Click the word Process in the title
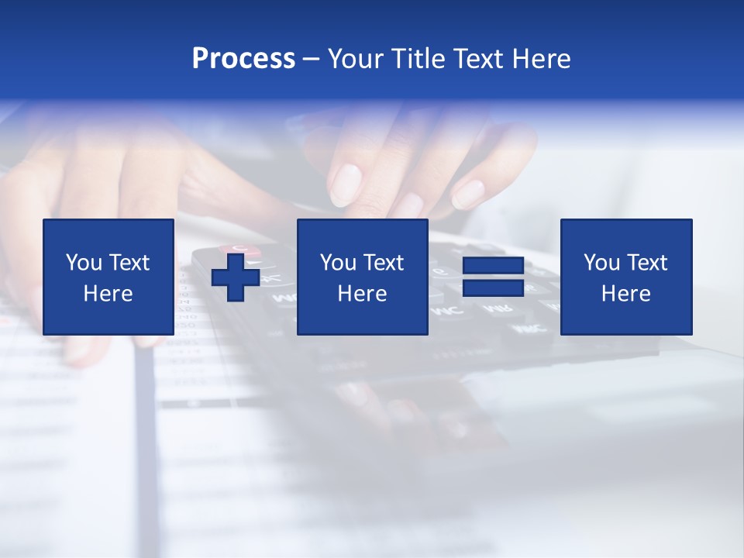pos(243,59)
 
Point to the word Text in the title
pos(480,59)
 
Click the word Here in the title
pos(542,59)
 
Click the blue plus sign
pos(236,277)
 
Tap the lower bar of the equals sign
pos(493,288)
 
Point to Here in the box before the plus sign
pos(108,294)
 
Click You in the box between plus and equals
pos(337,263)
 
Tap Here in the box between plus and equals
pos(363,294)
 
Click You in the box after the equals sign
pos(601,263)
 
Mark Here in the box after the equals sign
pos(626,294)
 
